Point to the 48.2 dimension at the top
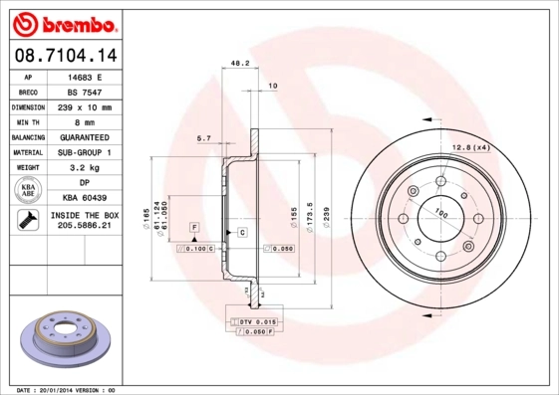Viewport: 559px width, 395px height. pos(239,63)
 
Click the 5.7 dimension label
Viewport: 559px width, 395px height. pos(203,138)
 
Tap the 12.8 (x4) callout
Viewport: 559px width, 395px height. pos(473,147)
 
